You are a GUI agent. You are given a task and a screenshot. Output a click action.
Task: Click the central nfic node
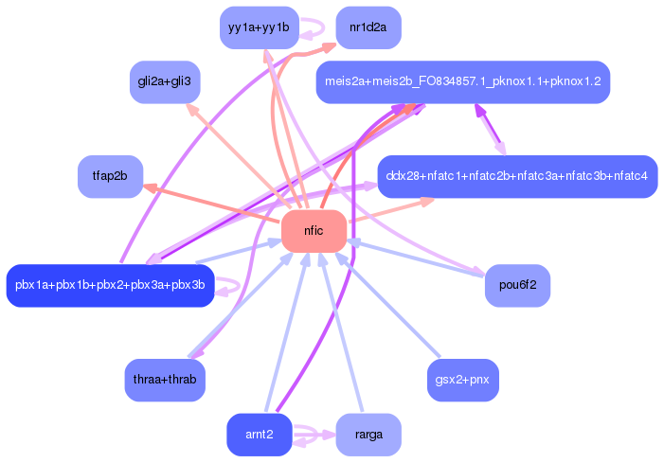(x=314, y=231)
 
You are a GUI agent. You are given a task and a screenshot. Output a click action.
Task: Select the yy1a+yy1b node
(x=260, y=27)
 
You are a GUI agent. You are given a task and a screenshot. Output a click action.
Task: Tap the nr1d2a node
(x=368, y=27)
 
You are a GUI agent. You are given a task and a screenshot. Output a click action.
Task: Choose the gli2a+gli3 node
(x=165, y=82)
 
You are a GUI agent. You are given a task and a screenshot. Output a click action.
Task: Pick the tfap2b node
(x=110, y=176)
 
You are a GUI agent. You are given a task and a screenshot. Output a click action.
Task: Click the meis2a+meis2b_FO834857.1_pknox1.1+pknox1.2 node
(x=463, y=82)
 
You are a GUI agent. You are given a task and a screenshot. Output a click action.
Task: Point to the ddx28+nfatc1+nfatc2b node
(x=517, y=176)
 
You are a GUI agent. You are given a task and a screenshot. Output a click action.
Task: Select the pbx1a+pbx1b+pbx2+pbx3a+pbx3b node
(x=110, y=286)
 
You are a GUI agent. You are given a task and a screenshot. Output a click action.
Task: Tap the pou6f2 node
(x=517, y=286)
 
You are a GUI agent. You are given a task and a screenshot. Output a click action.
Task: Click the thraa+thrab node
(x=165, y=380)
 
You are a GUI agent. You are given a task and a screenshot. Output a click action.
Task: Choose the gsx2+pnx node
(x=463, y=380)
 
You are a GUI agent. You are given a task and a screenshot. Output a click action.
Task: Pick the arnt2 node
(x=260, y=435)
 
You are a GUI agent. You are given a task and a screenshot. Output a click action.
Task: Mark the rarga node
(x=368, y=435)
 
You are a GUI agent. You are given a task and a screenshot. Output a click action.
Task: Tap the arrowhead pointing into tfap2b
(x=150, y=187)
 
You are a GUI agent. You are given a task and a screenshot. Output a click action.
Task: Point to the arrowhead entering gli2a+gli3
(x=192, y=110)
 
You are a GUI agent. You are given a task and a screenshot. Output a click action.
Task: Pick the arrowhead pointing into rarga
(x=329, y=435)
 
